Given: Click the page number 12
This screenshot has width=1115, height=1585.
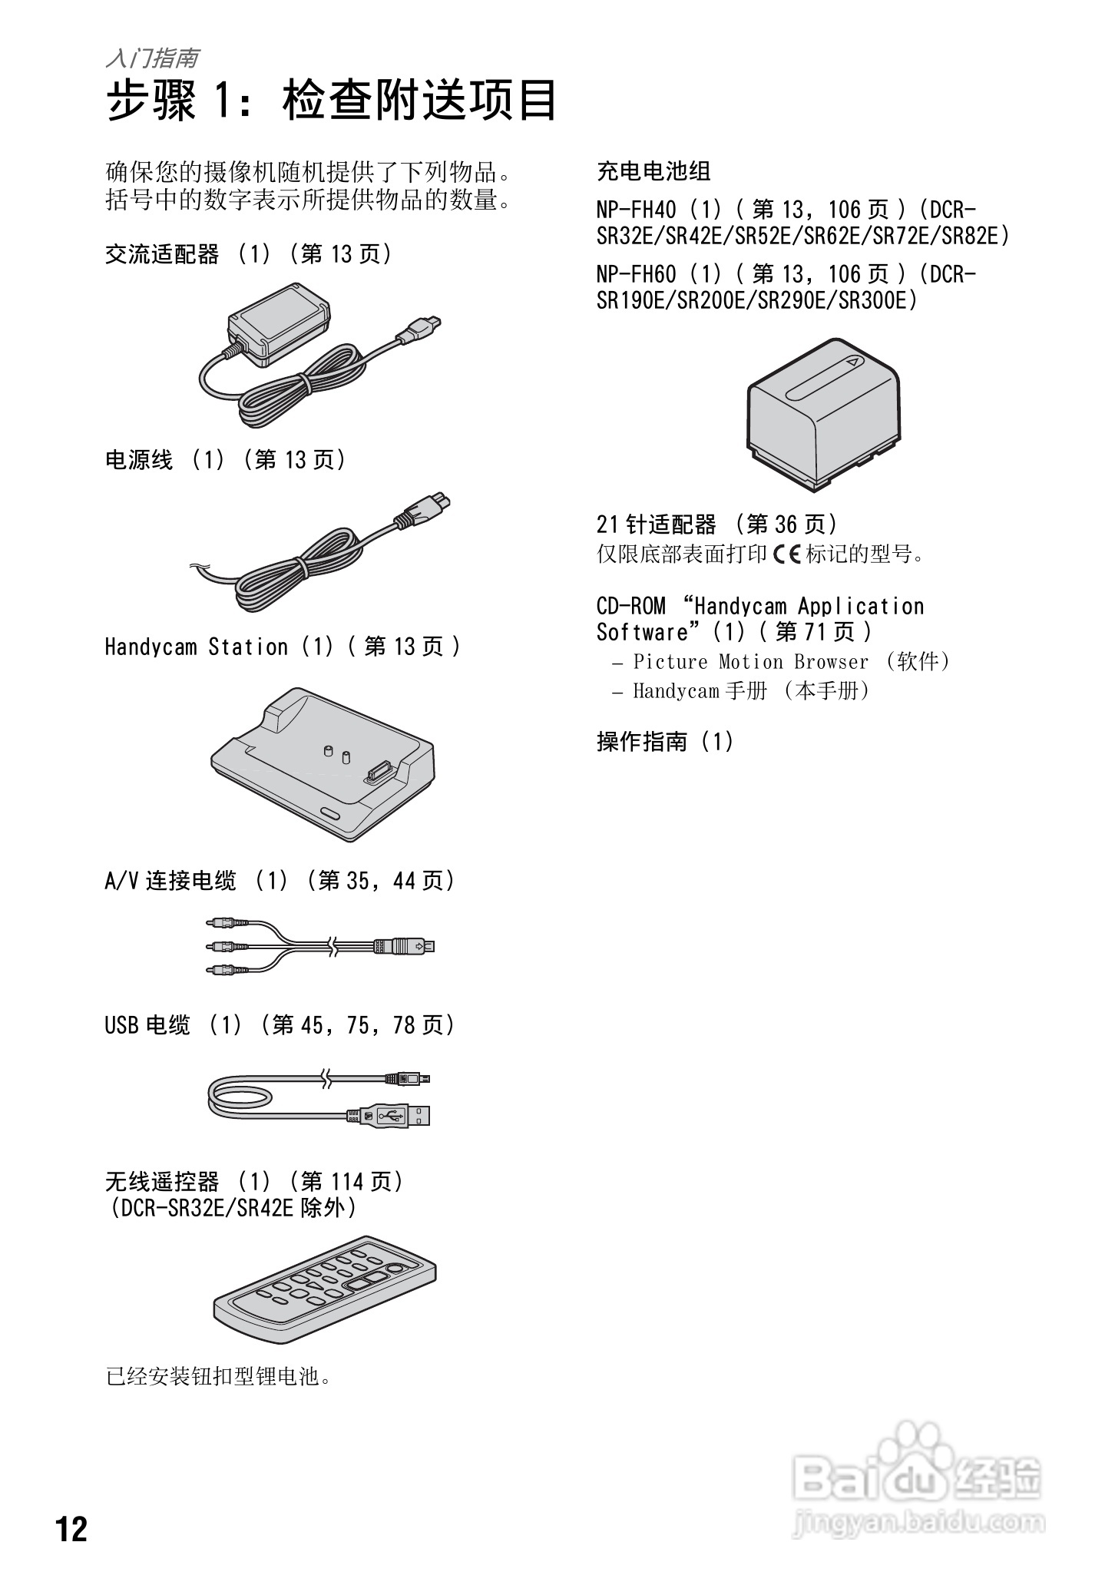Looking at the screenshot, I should point(71,1529).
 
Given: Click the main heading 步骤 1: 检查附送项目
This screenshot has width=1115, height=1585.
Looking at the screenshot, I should point(331,101).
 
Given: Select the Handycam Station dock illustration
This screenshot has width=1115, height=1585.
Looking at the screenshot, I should point(323,764).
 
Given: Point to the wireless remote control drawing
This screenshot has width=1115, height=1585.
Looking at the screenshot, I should point(324,1289).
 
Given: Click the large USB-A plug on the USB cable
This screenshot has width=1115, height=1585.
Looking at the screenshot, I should point(399,1116).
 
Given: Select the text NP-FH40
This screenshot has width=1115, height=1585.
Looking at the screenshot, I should point(637,210).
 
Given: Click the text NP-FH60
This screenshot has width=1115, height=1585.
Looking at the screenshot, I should point(637,274).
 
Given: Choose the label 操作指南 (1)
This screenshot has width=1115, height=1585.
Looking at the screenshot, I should point(664,741).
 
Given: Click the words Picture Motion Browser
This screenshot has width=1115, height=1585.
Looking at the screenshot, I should point(750,662).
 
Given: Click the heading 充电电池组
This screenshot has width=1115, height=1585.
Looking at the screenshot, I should point(653,171).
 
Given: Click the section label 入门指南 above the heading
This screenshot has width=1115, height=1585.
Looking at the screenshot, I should point(153,58).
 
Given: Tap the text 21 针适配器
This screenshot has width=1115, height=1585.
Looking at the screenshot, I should point(656,524).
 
